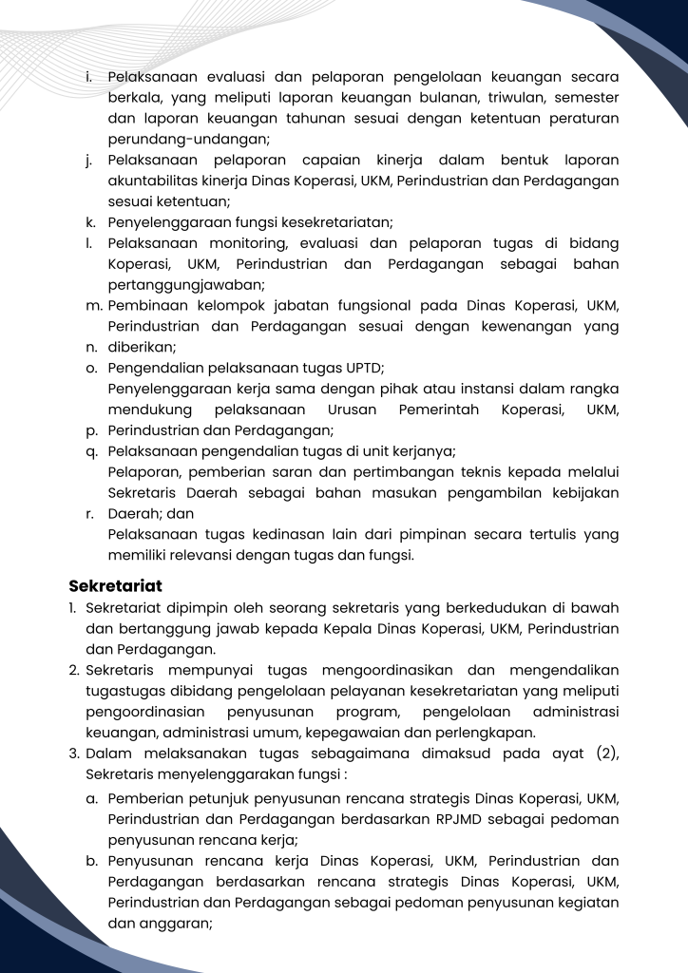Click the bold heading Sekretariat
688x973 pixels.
115,585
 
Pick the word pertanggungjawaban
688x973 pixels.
185,284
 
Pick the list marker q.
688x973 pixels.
90,451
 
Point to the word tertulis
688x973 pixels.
543,535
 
